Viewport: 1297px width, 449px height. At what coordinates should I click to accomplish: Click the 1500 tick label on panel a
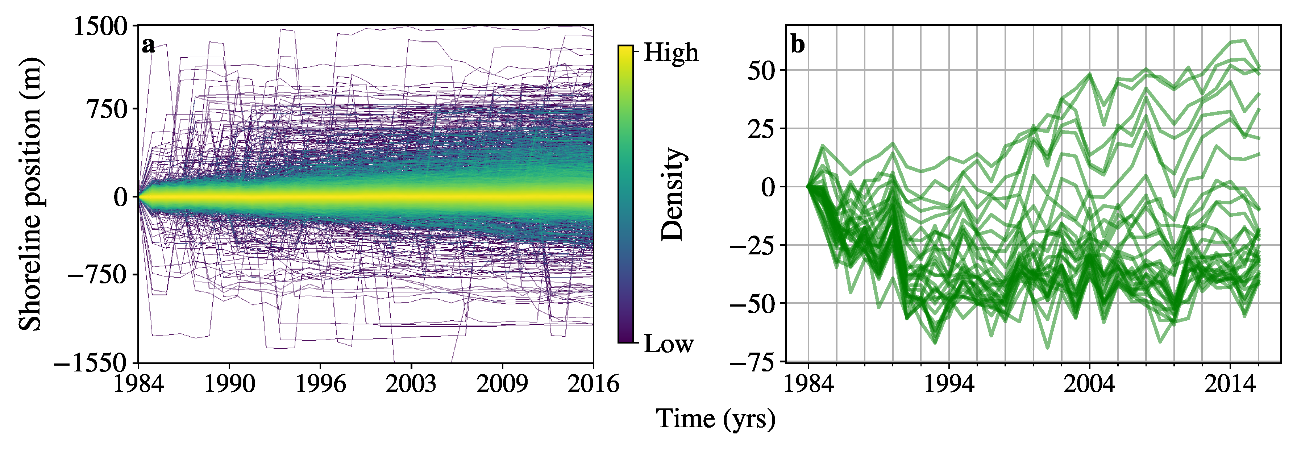[x=101, y=26]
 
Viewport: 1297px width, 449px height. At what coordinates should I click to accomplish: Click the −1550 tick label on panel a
[x=91, y=362]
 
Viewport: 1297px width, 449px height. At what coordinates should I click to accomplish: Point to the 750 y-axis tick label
[x=109, y=109]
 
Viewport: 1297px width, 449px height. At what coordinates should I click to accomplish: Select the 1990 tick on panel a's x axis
[x=230, y=384]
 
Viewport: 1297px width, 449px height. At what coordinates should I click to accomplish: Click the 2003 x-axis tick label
[x=411, y=384]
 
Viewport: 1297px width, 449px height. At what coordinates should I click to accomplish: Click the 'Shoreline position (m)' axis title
[x=30, y=194]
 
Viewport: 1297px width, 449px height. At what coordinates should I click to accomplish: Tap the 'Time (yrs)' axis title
[x=715, y=419]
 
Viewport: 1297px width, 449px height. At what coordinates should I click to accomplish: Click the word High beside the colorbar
[x=671, y=52]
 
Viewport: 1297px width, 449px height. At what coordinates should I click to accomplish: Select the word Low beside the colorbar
[x=668, y=344]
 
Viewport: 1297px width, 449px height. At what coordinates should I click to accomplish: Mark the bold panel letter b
[x=798, y=44]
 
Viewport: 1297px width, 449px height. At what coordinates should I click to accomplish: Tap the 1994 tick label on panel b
[x=949, y=384]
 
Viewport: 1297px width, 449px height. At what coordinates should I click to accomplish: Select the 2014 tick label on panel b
[x=1230, y=384]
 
